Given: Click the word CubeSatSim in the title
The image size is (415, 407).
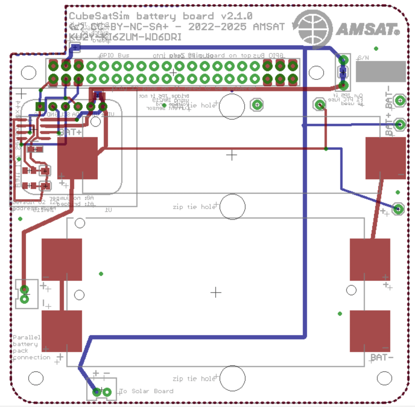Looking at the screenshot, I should tap(99, 16).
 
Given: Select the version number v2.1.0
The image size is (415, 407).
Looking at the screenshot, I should tap(236, 16).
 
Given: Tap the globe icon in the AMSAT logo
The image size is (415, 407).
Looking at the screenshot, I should tap(314, 29).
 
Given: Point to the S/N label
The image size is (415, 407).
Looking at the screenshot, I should tap(363, 57).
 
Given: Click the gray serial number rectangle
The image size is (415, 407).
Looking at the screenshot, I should tap(381, 71).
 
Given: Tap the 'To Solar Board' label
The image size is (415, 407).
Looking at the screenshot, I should tap(147, 391).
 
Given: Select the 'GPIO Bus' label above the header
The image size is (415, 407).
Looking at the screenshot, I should tap(115, 55).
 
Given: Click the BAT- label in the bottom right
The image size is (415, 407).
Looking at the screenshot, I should tap(382, 357).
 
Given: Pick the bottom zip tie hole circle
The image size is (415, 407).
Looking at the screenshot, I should tap(232, 378).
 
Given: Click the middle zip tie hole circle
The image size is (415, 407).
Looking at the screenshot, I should tap(232, 207).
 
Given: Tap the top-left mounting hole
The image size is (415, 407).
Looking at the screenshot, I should tap(29, 72).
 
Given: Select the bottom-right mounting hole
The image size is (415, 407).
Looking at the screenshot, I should tap(384, 378).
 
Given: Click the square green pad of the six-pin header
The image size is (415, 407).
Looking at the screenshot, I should tap(40, 106).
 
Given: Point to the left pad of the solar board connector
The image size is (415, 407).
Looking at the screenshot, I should tap(97, 392).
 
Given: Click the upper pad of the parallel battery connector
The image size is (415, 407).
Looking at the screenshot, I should tap(24, 290).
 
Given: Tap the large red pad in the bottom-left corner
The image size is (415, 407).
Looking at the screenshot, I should tap(62, 331).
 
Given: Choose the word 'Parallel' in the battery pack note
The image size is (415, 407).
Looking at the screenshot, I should tap(27, 337).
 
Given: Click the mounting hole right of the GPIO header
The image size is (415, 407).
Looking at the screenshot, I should tap(316, 72).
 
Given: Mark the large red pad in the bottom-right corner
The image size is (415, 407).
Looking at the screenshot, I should tap(370, 331).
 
